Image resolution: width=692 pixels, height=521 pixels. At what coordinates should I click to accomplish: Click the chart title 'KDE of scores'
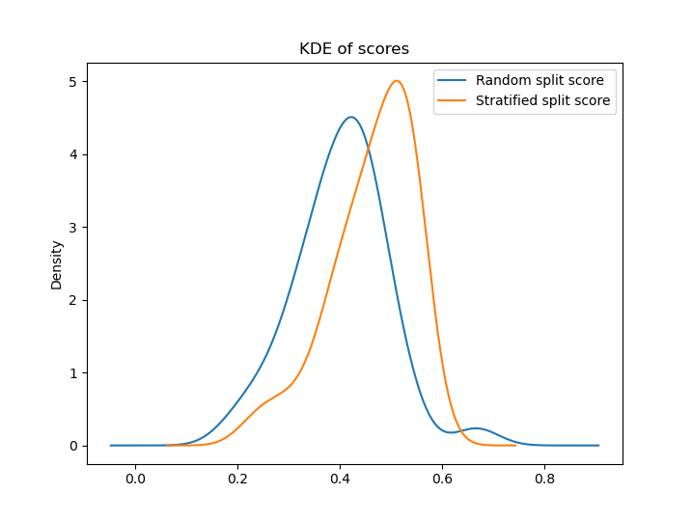pyautogui.click(x=354, y=49)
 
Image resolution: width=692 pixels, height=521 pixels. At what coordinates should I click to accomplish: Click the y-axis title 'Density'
pyautogui.click(x=56, y=264)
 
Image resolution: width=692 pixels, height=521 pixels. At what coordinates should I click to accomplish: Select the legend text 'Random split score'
pyautogui.click(x=540, y=80)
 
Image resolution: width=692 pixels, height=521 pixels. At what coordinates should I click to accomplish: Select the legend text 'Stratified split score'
pyautogui.click(x=542, y=100)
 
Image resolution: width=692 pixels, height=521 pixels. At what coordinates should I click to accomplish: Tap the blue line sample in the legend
pyautogui.click(x=454, y=80)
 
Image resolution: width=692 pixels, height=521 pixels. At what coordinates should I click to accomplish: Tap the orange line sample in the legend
pyautogui.click(x=454, y=100)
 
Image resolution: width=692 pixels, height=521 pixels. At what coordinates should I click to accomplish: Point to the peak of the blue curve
pyautogui.click(x=351, y=118)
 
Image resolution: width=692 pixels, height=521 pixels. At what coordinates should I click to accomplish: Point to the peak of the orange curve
pyautogui.click(x=396, y=81)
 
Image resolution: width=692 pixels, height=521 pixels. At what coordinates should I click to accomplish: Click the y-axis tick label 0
pyautogui.click(x=73, y=446)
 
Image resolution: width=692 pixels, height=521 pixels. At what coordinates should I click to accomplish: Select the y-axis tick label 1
pyautogui.click(x=73, y=372)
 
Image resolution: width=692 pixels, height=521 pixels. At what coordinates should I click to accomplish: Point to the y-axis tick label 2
pyautogui.click(x=73, y=300)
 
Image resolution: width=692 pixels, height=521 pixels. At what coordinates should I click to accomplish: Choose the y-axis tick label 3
pyautogui.click(x=73, y=228)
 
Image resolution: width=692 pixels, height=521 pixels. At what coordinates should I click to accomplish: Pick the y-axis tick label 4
pyautogui.click(x=73, y=154)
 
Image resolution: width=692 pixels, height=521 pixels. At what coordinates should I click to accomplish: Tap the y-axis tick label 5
pyautogui.click(x=73, y=82)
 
